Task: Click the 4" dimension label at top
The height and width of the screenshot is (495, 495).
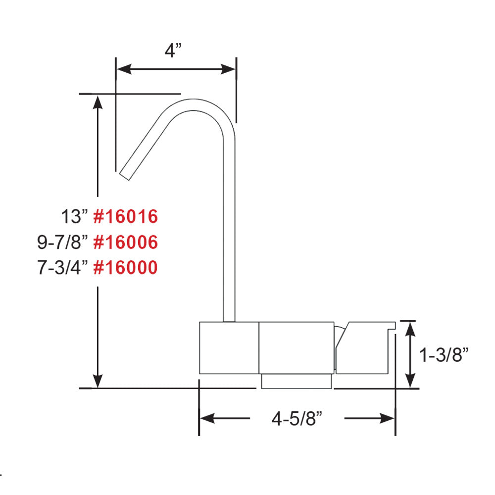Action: click(173, 50)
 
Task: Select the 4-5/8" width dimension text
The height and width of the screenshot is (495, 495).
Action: click(297, 419)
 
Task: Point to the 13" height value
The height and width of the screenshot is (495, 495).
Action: click(74, 217)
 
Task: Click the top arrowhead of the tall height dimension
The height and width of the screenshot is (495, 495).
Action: click(98, 100)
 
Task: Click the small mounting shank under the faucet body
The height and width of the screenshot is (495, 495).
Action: click(296, 381)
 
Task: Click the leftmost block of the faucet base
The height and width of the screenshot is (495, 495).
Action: click(229, 347)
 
